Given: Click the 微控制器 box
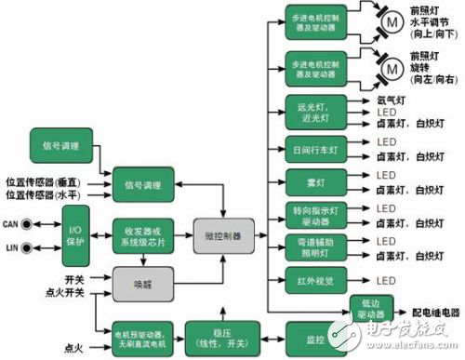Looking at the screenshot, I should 222,237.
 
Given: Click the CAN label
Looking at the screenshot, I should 11,223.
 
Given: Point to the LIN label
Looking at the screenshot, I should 10,247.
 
